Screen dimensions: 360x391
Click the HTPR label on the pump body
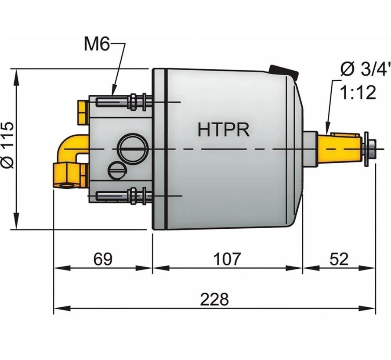coord(224,130)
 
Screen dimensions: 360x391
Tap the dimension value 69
coord(103,259)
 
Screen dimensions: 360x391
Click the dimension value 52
coord(338,259)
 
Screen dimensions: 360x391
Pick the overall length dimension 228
coord(214,300)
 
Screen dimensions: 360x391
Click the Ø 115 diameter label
coord(7,145)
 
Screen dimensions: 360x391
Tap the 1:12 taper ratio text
coord(358,93)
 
